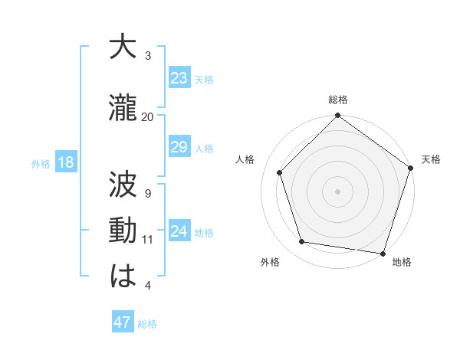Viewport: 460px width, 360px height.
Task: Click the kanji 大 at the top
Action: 123,47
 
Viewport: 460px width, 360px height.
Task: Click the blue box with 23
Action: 179,78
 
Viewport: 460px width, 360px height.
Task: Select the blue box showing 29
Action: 179,147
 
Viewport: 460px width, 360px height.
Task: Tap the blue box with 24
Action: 179,231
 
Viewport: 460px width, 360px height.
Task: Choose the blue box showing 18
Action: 66,162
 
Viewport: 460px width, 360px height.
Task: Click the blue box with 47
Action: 123,322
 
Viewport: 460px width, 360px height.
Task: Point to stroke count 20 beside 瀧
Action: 148,116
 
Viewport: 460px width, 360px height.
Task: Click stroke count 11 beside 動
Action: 148,240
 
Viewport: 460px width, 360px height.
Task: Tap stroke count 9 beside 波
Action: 148,193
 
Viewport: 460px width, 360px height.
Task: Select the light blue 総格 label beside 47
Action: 147,324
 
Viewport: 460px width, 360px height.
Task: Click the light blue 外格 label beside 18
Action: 41,163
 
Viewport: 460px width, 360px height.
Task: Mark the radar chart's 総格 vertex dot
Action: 337,116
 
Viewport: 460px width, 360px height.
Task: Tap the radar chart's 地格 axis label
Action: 402,263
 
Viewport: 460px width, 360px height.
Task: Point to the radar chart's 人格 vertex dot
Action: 280,173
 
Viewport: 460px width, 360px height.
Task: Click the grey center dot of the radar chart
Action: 337,191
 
